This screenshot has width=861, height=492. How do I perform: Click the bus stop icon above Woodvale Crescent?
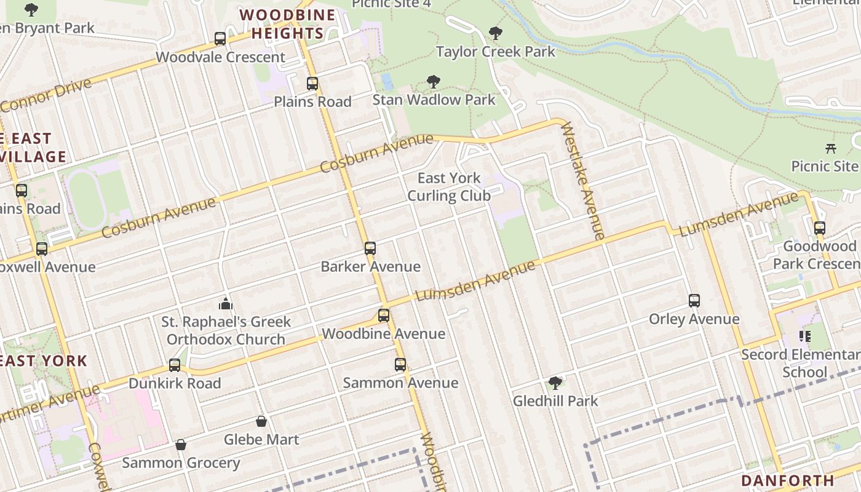point(220,39)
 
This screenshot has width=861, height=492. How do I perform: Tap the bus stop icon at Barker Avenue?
point(370,248)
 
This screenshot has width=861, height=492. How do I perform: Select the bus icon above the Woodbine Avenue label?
point(384,315)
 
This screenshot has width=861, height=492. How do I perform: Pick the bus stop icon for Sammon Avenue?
point(400,365)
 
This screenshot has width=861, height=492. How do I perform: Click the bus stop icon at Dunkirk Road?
point(175,365)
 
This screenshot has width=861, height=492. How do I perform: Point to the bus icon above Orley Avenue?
point(694,301)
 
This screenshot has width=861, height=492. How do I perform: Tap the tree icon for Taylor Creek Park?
point(495,33)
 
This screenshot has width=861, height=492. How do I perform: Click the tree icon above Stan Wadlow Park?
point(434,82)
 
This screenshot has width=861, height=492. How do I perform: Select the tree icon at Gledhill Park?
point(555,383)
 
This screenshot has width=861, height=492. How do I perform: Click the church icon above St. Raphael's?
point(226,304)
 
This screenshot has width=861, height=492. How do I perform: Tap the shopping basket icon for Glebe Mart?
point(261,421)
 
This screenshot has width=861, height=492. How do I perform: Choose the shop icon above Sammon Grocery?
point(181,445)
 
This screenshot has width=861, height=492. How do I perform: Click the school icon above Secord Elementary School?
point(804,336)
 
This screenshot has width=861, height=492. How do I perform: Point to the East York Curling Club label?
point(449,187)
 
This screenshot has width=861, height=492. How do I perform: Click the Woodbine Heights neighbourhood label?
point(287,24)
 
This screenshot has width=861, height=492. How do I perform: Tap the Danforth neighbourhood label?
point(787,480)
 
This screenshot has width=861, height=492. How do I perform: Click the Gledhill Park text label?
point(555,401)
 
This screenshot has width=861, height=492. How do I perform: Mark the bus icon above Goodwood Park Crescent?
point(819,228)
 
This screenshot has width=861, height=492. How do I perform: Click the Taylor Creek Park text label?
point(495,52)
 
